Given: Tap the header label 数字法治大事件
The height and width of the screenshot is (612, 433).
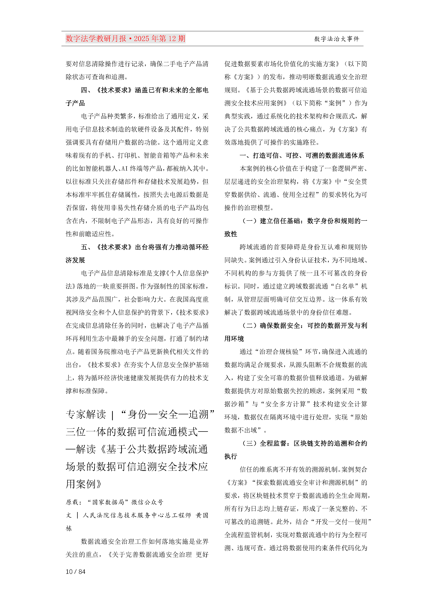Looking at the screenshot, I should coord(336,39).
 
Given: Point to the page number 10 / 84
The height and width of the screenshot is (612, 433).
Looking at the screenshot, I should coord(75,572).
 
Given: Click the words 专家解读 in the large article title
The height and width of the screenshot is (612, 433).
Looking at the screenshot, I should coord(86,415).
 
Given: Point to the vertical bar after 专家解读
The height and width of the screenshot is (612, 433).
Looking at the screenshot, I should coord(112,415).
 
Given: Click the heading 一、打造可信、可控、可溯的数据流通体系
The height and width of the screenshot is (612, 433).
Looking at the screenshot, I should coord(302,155).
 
